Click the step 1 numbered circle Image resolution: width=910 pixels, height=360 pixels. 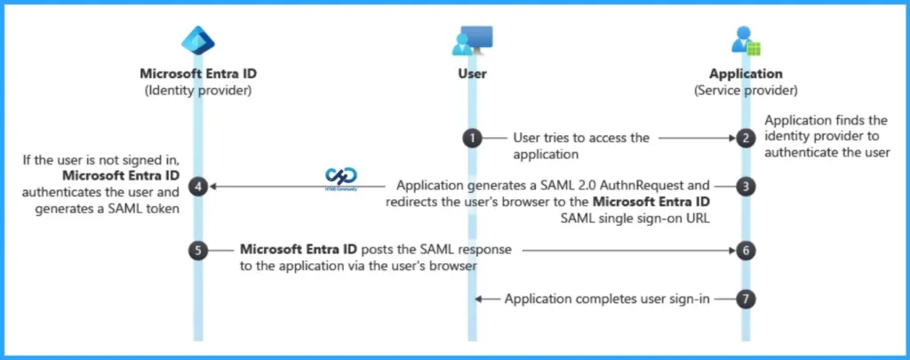pos(472,139)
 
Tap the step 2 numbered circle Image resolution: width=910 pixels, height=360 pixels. pos(748,139)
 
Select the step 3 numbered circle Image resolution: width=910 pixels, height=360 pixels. pos(748,187)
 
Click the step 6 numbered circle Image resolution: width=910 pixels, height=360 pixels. pos(748,251)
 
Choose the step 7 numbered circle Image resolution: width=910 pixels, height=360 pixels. pos(748,299)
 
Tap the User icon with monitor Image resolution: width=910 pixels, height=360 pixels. pos(472,40)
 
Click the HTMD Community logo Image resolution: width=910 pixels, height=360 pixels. pos(341,179)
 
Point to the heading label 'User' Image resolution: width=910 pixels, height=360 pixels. pos(472,74)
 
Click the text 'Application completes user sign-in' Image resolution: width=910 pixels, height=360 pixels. pos(607,299)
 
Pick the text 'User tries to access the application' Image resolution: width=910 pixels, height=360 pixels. pos(582,145)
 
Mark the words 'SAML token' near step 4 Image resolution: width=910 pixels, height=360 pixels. pos(147,209)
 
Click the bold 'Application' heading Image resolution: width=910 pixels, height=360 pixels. pos(746,74)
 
